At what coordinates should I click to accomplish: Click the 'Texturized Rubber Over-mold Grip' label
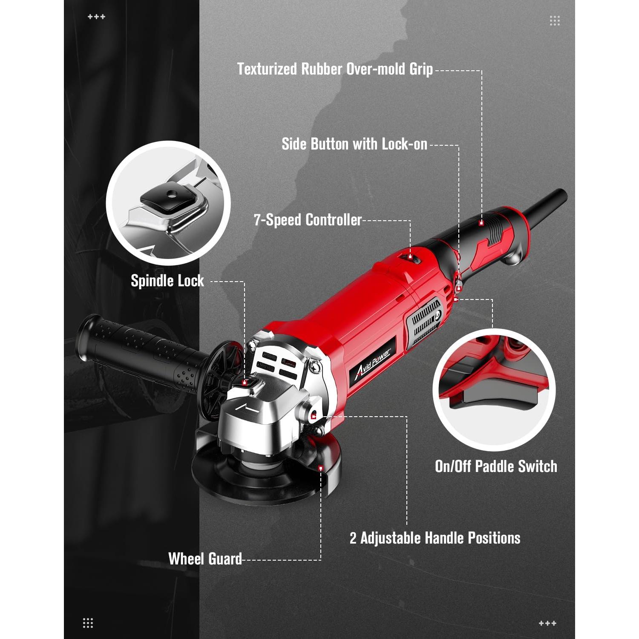[x=335, y=69]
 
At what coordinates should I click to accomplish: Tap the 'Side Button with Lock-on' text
[x=354, y=144]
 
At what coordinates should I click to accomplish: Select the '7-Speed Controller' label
[x=308, y=220]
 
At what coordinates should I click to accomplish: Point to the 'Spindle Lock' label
[x=167, y=281]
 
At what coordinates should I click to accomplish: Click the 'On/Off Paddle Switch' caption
[x=496, y=466]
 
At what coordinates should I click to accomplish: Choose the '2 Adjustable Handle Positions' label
[x=435, y=538]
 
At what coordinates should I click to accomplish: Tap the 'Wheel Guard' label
[x=205, y=559]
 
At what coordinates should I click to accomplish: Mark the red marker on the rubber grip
[x=481, y=223]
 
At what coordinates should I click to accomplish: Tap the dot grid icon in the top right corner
[x=555, y=20]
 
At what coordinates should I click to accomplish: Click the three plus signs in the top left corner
[x=96, y=17]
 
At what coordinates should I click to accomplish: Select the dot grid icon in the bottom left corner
[x=88, y=623]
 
